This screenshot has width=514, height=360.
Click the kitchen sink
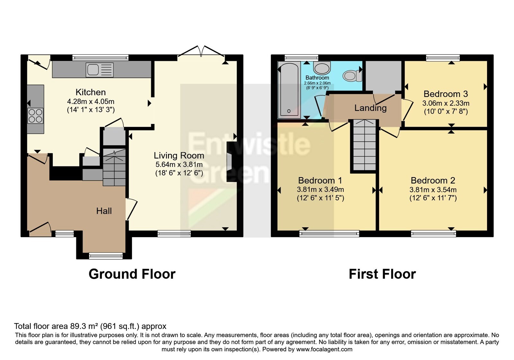100,70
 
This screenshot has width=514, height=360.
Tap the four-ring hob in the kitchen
35,116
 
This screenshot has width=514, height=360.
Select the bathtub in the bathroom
289,90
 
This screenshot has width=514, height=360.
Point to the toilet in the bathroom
352,76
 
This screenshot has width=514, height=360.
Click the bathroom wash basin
322,67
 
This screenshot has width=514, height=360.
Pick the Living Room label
179,156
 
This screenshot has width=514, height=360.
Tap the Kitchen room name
91,92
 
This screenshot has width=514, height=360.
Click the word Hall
104,211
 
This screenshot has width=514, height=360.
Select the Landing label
370,108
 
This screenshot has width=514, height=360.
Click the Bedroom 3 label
446,94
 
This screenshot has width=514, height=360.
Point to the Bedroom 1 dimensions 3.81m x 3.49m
320,190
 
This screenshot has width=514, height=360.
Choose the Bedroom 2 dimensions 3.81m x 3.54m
433,190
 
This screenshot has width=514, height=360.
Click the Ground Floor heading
132,274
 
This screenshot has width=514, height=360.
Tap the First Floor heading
382,274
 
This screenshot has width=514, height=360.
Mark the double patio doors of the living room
201,51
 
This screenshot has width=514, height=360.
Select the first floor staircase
364,145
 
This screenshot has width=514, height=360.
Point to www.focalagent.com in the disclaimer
324,349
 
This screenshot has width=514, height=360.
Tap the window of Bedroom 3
443,58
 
